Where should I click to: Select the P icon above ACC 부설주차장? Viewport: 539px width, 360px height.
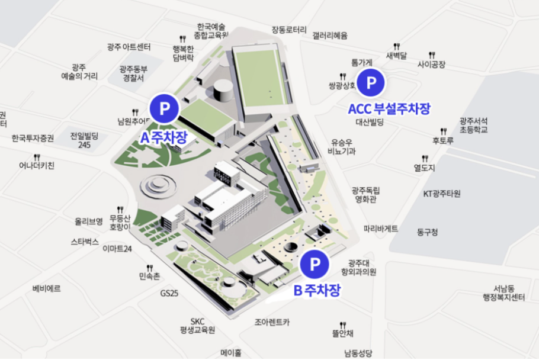click(x=371, y=83)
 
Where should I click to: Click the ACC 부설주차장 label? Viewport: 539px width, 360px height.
click(x=389, y=108)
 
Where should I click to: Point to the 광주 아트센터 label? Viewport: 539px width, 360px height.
click(x=129, y=47)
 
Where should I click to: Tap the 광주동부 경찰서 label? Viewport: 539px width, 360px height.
click(x=133, y=73)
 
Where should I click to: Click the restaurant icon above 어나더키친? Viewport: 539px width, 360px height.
click(x=37, y=157)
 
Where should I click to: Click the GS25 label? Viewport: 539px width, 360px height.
click(x=169, y=293)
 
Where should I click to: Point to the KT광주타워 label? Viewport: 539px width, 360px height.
click(x=442, y=194)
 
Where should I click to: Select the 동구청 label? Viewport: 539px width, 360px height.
click(x=427, y=232)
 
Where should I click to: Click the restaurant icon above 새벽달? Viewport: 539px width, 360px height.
click(x=396, y=46)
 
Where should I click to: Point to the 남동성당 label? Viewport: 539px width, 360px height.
click(x=357, y=353)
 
